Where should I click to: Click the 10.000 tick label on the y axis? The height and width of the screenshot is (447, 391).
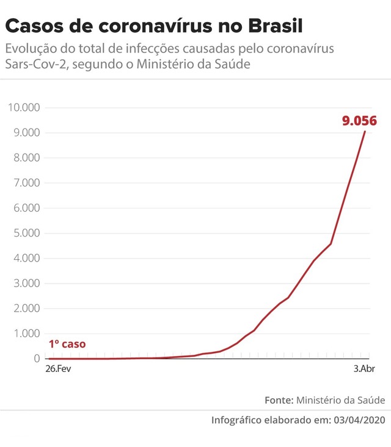point(23,108)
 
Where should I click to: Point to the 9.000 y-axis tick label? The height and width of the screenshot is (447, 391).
point(25,133)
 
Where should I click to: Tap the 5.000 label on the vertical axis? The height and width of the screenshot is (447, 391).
point(25,234)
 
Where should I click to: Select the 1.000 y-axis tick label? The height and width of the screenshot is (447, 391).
point(25,334)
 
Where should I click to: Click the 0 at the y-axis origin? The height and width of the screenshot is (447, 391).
point(37,359)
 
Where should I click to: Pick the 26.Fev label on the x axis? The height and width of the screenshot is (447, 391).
point(58,370)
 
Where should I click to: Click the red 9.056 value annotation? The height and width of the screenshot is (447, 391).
point(359,121)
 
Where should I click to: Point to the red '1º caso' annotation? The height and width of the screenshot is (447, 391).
point(67,344)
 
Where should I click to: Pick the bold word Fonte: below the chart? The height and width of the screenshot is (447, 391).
point(279,400)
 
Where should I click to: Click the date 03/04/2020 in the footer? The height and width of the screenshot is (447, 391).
point(360,420)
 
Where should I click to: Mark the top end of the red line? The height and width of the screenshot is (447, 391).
point(365,131)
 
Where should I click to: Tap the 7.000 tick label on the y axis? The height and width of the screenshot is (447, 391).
point(25,183)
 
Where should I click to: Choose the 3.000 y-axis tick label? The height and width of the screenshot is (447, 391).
point(25,284)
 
